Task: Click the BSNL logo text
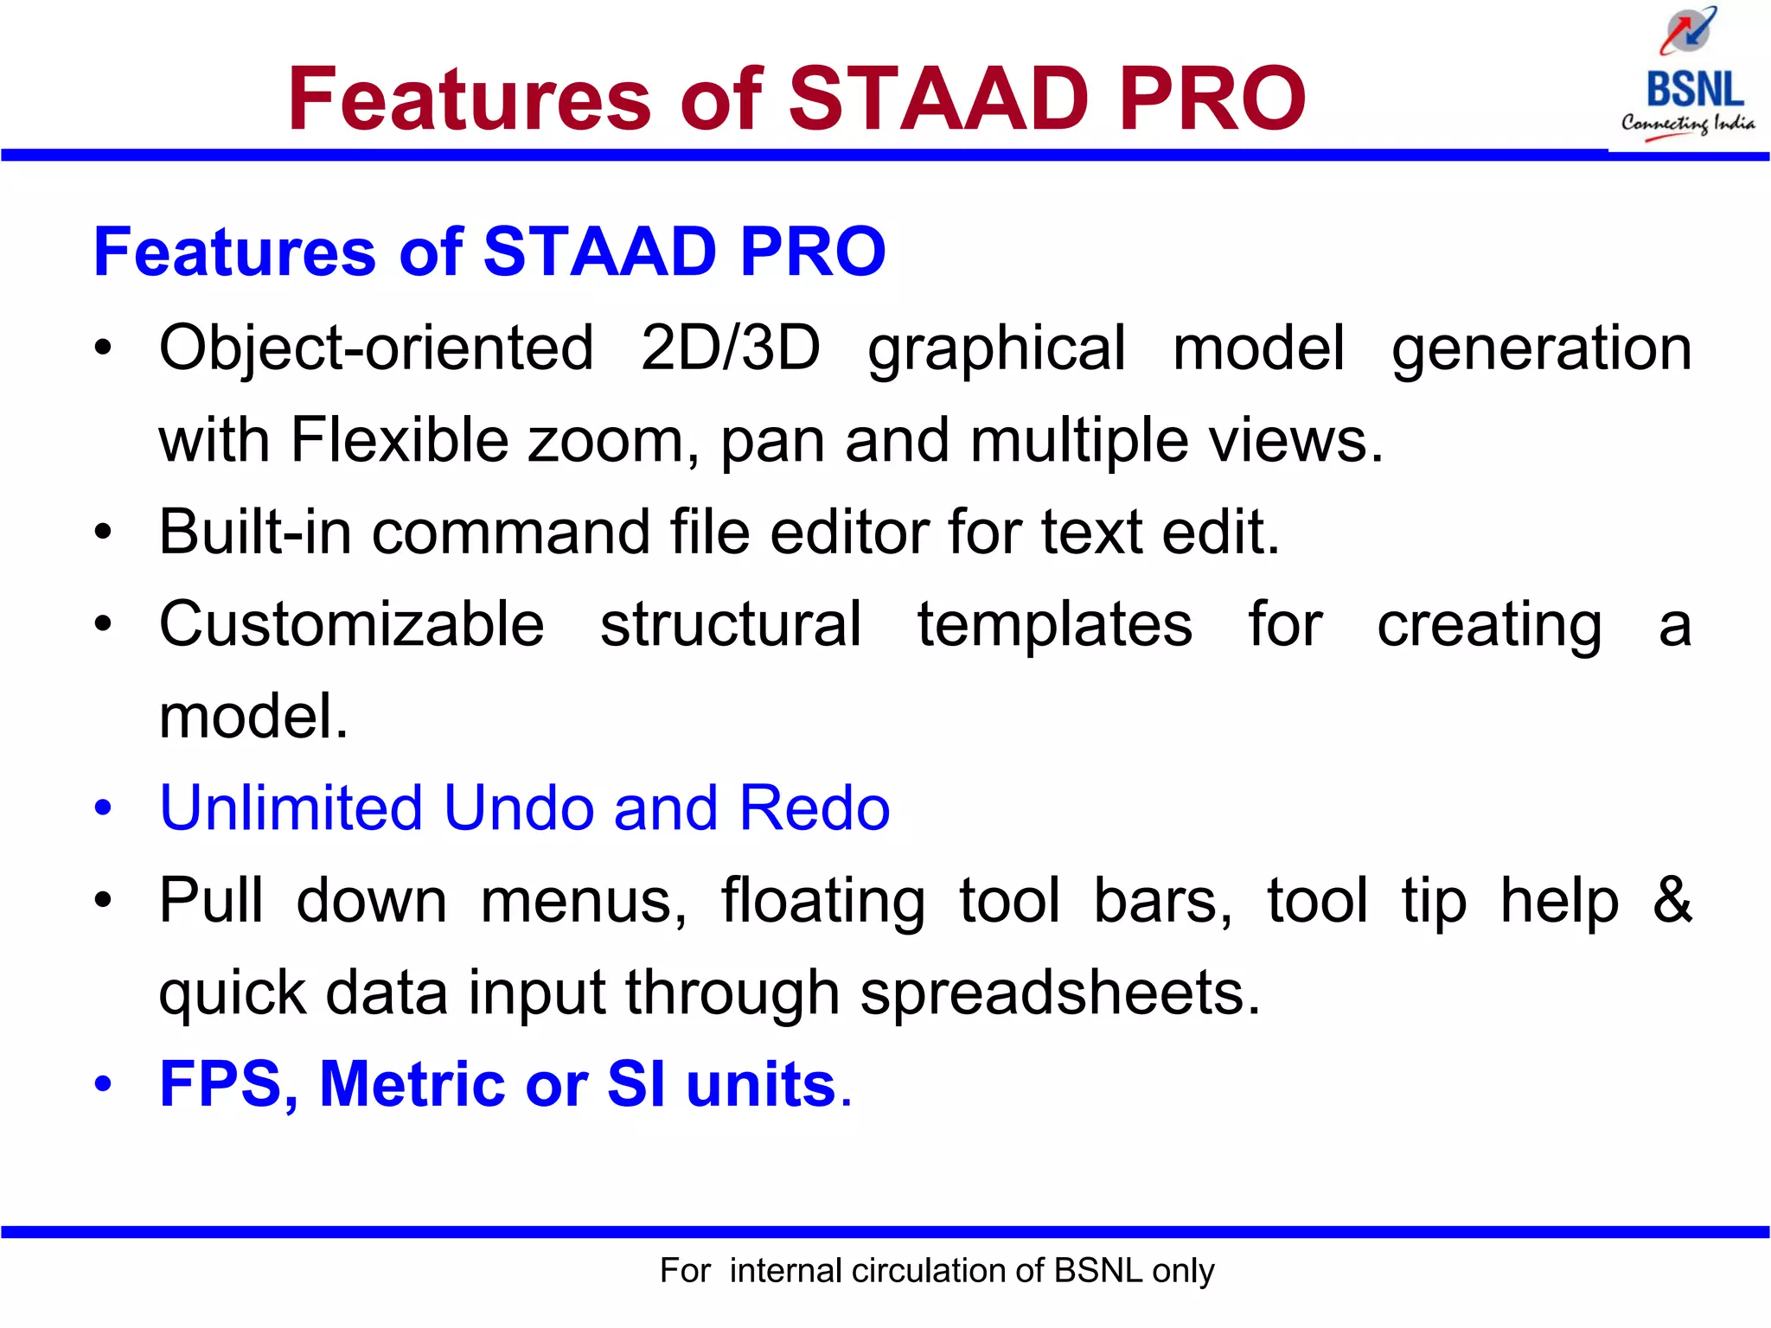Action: click(1694, 89)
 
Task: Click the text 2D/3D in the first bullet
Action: click(730, 348)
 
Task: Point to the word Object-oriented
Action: click(376, 348)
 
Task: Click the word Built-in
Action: click(255, 532)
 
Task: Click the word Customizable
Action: click(351, 624)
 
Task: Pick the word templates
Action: click(1054, 624)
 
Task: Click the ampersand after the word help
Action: click(1672, 900)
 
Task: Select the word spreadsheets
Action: click(1060, 993)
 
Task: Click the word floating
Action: click(822, 902)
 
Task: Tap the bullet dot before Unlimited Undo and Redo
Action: click(103, 809)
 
